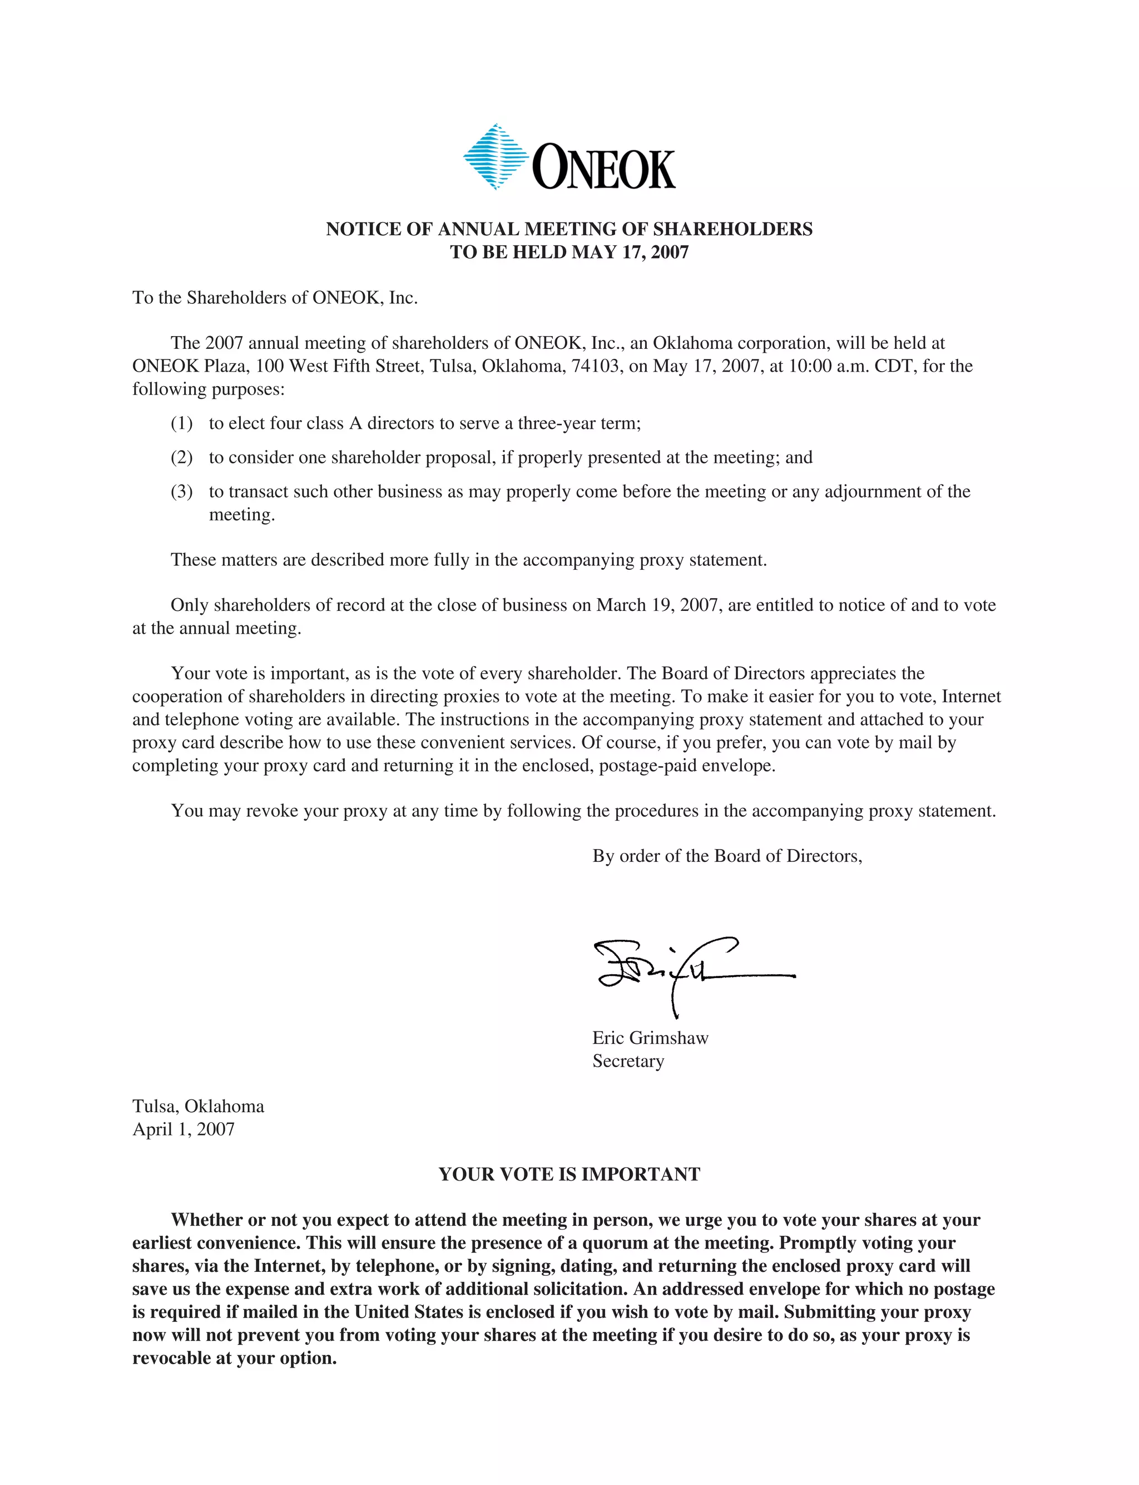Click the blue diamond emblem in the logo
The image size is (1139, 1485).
point(496,157)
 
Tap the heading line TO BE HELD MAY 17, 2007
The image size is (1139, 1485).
point(569,252)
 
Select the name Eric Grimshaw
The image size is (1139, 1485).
point(650,1038)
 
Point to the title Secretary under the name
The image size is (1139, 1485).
point(628,1061)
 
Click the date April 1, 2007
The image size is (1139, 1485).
point(183,1129)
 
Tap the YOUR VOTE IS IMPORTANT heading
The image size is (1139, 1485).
point(569,1175)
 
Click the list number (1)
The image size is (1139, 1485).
point(182,424)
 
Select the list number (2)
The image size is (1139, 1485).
point(182,458)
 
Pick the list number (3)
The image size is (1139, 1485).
point(182,492)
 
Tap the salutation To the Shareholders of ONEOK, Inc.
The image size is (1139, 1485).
point(275,298)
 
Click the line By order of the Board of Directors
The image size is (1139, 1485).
point(727,856)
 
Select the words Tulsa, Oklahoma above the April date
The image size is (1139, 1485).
point(198,1107)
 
